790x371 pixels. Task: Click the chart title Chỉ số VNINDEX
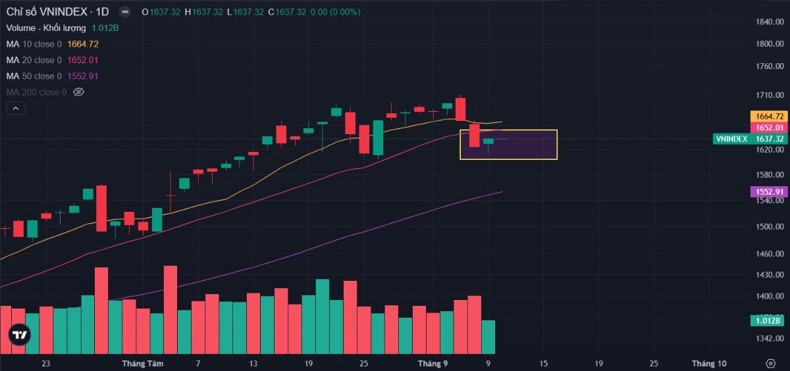pyautogui.click(x=47, y=12)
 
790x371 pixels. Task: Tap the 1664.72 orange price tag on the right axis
pyautogui.click(x=768, y=116)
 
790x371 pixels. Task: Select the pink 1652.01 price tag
pyautogui.click(x=768, y=128)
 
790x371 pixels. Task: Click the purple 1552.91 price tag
pyautogui.click(x=768, y=192)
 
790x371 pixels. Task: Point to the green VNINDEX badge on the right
pyautogui.click(x=731, y=139)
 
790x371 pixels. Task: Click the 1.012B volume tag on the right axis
pyautogui.click(x=767, y=321)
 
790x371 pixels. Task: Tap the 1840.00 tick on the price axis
pyautogui.click(x=769, y=22)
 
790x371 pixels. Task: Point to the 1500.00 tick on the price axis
pyautogui.click(x=769, y=227)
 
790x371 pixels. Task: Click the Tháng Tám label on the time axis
pyautogui.click(x=142, y=363)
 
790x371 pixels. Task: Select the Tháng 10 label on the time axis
pyautogui.click(x=709, y=363)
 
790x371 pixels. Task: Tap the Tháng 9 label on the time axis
pyautogui.click(x=433, y=363)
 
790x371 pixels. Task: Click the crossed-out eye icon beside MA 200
pyautogui.click(x=78, y=92)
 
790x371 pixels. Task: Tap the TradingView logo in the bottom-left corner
pyautogui.click(x=20, y=335)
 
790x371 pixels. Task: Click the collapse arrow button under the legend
pyautogui.click(x=16, y=109)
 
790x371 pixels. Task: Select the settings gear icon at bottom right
pyautogui.click(x=771, y=363)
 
